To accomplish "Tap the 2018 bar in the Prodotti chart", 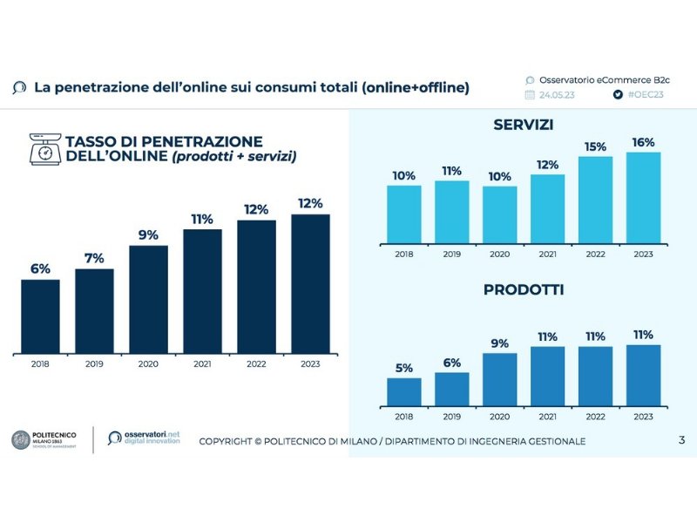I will pos(404,391).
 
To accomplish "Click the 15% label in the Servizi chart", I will pos(595,146).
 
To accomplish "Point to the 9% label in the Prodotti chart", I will pos(499,343).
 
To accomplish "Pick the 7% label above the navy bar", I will pos(94,258).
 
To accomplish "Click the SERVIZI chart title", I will pos(523,125).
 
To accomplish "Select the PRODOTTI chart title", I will pos(524,289).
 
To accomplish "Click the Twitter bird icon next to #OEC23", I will pos(617,94).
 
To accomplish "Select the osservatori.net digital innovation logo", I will pos(145,438).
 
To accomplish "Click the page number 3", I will pos(681,440).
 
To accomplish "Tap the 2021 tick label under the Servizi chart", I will pos(547,254).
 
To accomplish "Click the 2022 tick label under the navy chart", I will pos(256,363).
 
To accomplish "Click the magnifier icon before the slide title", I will pos(20,88).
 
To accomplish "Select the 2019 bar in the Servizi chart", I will pos(451,212).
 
